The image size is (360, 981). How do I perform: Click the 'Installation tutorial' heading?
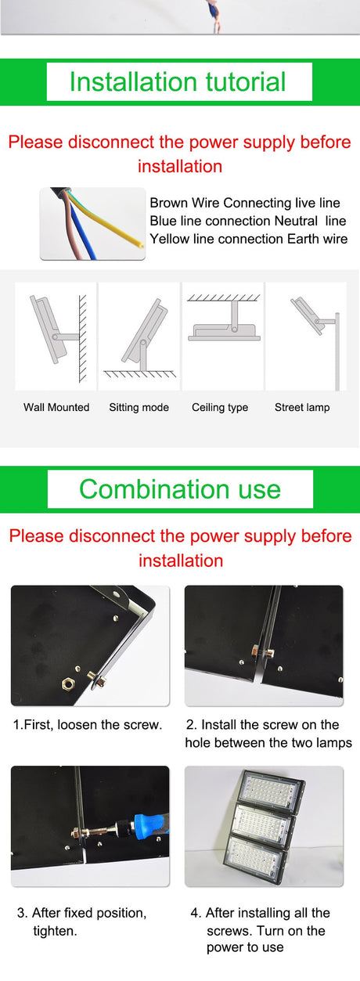178,82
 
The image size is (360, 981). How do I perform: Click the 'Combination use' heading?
179,489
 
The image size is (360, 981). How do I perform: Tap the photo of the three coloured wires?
92,224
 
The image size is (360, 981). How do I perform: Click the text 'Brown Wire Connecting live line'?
245,204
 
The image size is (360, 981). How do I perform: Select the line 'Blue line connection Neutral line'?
247,222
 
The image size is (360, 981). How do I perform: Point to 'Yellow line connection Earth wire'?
249,239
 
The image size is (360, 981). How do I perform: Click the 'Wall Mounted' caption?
56,407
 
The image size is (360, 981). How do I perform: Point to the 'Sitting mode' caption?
139,407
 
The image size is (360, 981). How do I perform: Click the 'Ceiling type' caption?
220,407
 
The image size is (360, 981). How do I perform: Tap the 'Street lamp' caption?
302,407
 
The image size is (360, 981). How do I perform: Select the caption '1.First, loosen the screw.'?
88,725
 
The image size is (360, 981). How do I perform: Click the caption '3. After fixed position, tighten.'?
81,921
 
